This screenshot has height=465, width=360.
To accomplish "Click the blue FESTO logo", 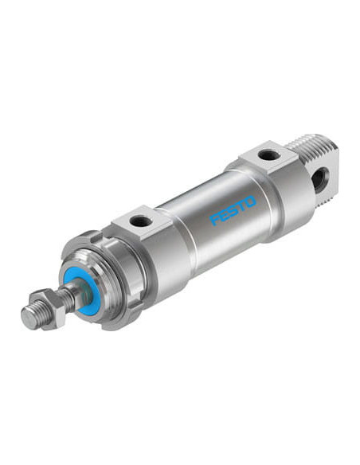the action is (x=233, y=210).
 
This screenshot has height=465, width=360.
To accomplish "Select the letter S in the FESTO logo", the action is (x=233, y=210).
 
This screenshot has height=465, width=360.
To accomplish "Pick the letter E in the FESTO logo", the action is (x=224, y=215).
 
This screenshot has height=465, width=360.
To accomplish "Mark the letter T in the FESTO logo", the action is (x=241, y=205).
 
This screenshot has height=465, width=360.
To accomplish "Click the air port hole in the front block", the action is (x=141, y=221).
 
